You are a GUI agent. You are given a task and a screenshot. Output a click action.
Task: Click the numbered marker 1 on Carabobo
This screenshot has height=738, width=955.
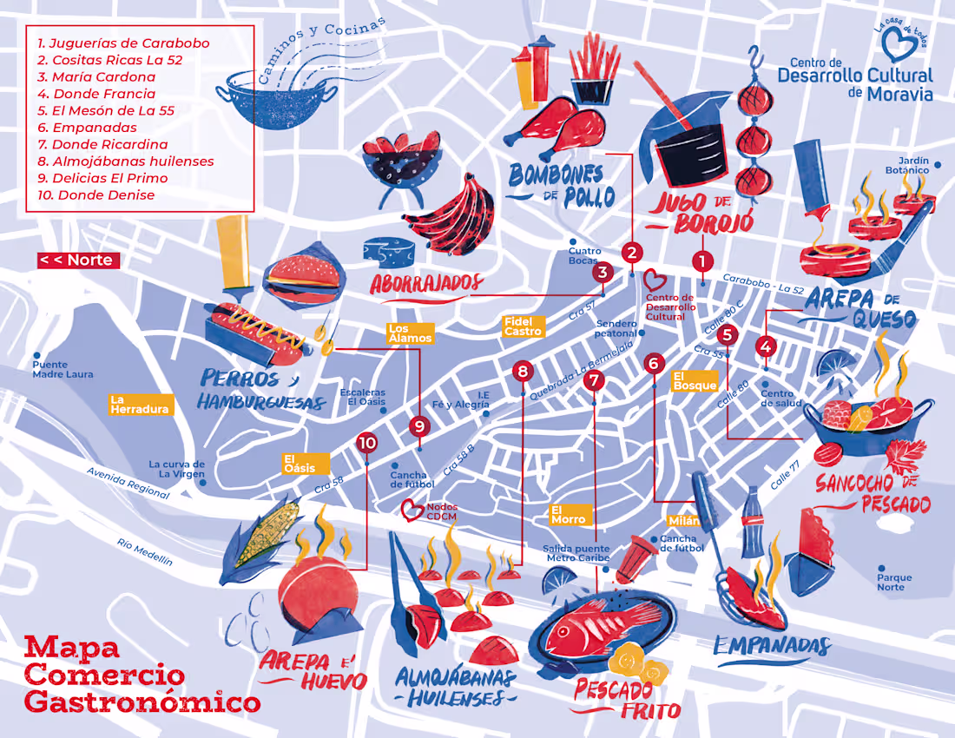pyautogui.click(x=702, y=260)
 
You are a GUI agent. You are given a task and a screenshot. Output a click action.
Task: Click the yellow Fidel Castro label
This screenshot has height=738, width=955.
pyautogui.click(x=523, y=326)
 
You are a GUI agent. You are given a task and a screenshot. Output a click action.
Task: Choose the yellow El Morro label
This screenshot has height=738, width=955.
pyautogui.click(x=569, y=514)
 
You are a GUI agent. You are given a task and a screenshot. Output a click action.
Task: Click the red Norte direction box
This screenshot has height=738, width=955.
pyautogui.click(x=76, y=260)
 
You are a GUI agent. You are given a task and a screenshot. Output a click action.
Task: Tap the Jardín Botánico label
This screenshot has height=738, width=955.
pyautogui.click(x=912, y=165)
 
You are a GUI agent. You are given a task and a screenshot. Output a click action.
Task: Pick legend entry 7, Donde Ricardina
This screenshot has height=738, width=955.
pyautogui.click(x=109, y=144)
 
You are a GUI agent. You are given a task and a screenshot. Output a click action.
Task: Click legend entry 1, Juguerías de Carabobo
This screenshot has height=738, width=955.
pyautogui.click(x=123, y=43)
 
